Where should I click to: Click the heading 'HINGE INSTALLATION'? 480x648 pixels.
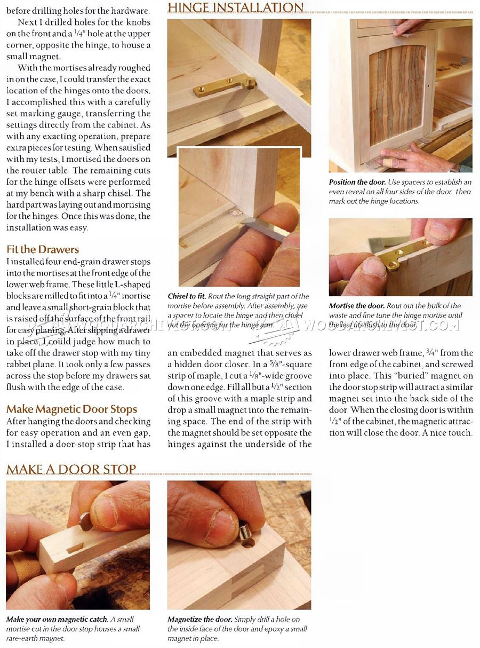[235, 7]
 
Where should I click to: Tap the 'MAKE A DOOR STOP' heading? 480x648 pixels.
[71, 469]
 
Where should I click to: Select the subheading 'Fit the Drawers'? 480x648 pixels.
[43, 249]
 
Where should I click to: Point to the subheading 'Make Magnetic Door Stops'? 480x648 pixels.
[71, 409]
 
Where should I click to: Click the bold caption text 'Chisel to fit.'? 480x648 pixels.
[187, 296]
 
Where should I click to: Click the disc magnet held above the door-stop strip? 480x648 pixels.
[85, 521]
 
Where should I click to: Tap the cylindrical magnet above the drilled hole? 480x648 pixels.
[246, 531]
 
